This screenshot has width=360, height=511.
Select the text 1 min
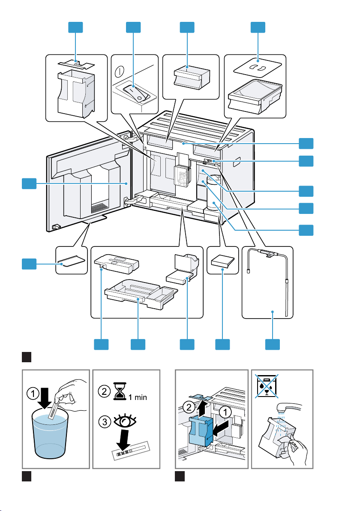click(137, 397)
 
